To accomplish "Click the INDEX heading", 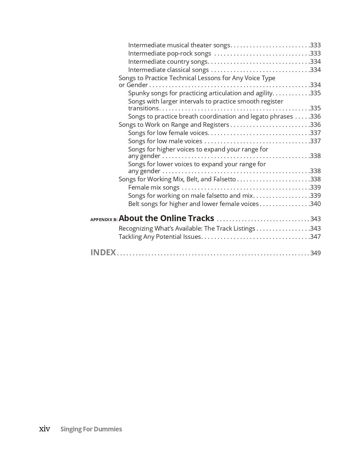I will [x=103, y=252].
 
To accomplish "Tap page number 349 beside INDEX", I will [x=315, y=253].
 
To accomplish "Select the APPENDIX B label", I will [x=104, y=219].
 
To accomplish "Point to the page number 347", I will [x=315, y=237].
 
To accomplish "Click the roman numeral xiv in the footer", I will [x=45, y=429].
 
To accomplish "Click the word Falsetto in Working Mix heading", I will [x=225, y=179].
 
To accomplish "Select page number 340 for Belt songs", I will [x=315, y=204].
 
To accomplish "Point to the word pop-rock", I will [x=181, y=53].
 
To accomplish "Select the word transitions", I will [x=144, y=108].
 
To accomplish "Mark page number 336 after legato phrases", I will [x=315, y=116].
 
